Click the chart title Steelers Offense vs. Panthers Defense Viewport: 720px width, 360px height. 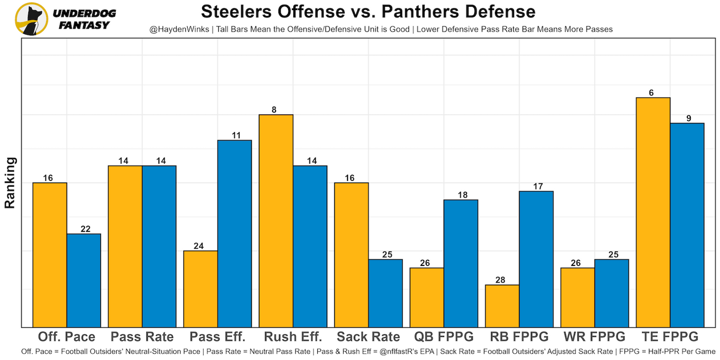click(x=368, y=11)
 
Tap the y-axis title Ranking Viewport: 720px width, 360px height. click(x=10, y=183)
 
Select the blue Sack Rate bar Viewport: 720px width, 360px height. click(x=385, y=292)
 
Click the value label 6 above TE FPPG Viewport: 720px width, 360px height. click(x=651, y=92)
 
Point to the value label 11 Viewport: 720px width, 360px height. click(x=236, y=135)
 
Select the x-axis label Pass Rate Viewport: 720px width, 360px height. click(x=142, y=337)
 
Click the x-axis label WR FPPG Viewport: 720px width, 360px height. click(x=594, y=337)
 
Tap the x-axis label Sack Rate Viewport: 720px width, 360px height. click(x=368, y=337)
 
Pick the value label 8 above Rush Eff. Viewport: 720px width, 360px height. click(x=274, y=109)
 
